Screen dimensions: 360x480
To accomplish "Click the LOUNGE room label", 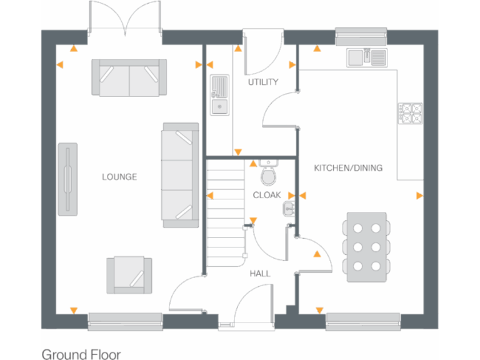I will click(x=119, y=177).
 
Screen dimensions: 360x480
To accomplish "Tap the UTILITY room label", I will click(x=262, y=82).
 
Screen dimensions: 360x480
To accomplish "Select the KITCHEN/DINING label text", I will click(x=348, y=168).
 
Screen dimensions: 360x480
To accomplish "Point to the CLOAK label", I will click(x=267, y=195).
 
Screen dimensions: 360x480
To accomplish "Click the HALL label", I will click(x=260, y=273).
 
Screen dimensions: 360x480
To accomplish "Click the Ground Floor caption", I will click(x=81, y=354).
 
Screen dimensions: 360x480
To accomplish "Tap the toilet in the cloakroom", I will click(x=269, y=174).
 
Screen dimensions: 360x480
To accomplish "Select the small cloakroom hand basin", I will click(x=289, y=208).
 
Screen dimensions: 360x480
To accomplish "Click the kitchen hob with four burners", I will click(x=411, y=112).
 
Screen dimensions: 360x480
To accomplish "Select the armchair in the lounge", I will click(x=129, y=274).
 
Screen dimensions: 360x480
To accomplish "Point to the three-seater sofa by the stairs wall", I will click(x=179, y=174).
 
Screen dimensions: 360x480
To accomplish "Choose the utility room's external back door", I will click(x=256, y=53).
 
